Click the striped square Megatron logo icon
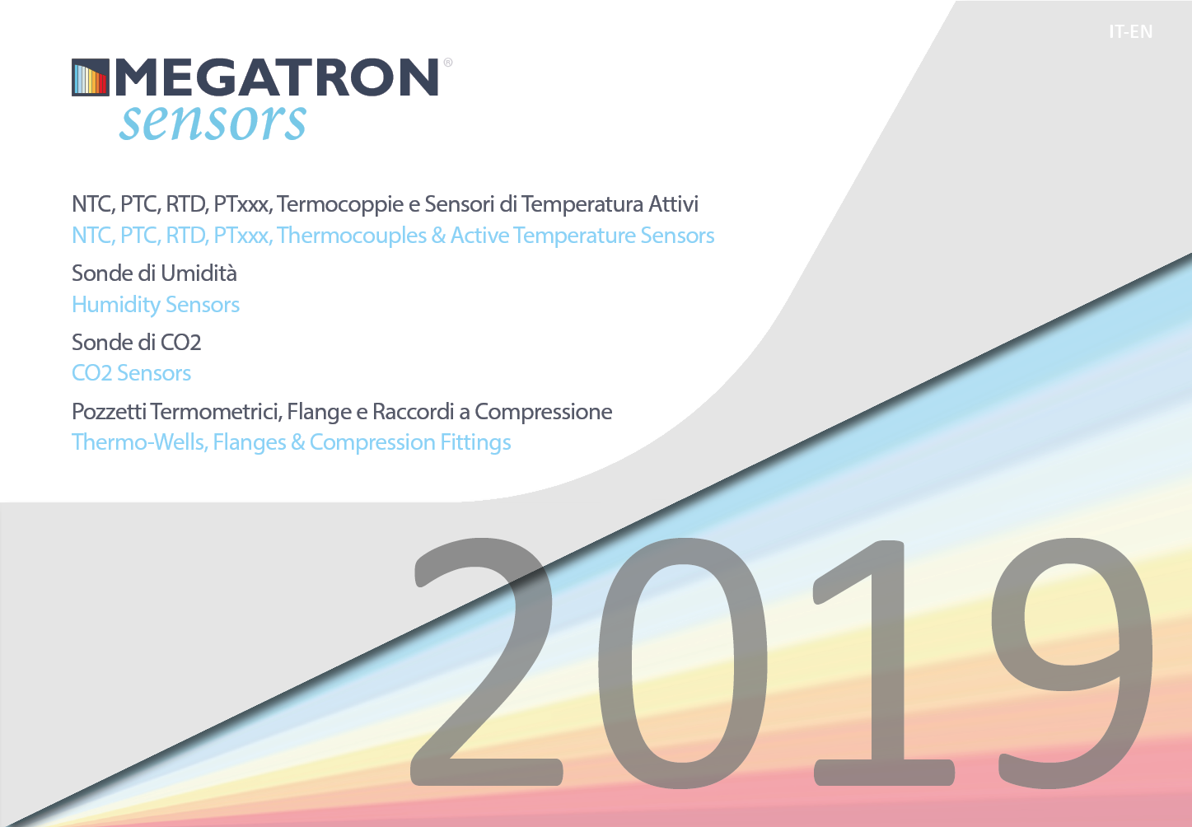pyautogui.click(x=91, y=77)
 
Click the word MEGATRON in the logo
pyautogui.click(x=277, y=77)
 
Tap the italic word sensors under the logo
pyautogui.click(x=213, y=123)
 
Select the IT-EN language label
pyautogui.click(x=1131, y=32)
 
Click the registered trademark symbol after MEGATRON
pyautogui.click(x=447, y=63)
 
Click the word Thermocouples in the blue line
pyautogui.click(x=351, y=236)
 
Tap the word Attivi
pyautogui.click(x=673, y=203)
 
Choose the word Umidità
pyautogui.click(x=199, y=273)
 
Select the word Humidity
pyautogui.click(x=116, y=306)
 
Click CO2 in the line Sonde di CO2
pyautogui.click(x=181, y=342)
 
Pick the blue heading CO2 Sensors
pyautogui.click(x=132, y=373)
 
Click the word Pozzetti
pyautogui.click(x=109, y=411)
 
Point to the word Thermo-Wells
pyautogui.click(x=139, y=442)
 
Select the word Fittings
pyautogui.click(x=475, y=443)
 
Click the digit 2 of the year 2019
pyautogui.click(x=486, y=661)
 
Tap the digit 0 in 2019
pyautogui.click(x=683, y=662)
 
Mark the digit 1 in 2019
pyautogui.click(x=883, y=662)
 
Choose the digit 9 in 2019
pyautogui.click(x=1073, y=662)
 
